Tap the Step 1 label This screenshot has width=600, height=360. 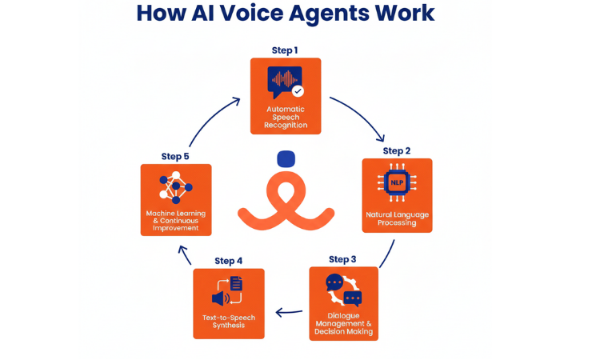285,50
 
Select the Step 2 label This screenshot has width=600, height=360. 396,150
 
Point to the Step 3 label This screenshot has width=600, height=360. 342,259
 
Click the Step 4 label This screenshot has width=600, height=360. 228,261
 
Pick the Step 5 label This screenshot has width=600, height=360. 175,156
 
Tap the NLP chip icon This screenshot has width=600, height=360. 397,182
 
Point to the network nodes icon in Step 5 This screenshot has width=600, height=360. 176,186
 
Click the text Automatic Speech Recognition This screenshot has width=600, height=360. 286,117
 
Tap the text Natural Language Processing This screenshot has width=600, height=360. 397,218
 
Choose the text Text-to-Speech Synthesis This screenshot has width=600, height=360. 229,322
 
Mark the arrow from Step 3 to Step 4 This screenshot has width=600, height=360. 290,312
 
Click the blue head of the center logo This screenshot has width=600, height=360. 286,158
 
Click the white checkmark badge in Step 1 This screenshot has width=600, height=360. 298,91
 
